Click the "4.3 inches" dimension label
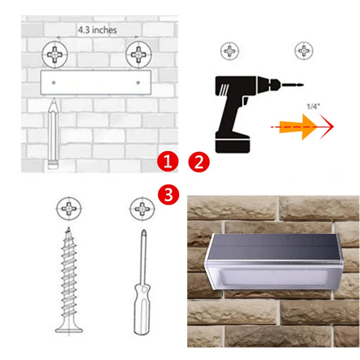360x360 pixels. point(97,30)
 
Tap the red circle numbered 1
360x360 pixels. point(167,162)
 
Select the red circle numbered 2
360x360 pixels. point(199,162)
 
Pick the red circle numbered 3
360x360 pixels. point(169,195)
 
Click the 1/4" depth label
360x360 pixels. point(313,107)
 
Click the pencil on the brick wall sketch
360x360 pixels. point(53,133)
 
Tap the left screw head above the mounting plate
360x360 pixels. point(55,54)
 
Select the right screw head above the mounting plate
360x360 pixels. point(139,54)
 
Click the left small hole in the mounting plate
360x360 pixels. point(54,83)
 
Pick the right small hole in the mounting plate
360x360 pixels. point(138,83)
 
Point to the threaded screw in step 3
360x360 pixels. point(69,280)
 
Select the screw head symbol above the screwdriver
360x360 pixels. point(142,209)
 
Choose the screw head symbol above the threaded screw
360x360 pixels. point(69,208)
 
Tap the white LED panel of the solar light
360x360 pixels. point(274,278)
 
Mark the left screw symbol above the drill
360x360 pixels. point(229,51)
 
